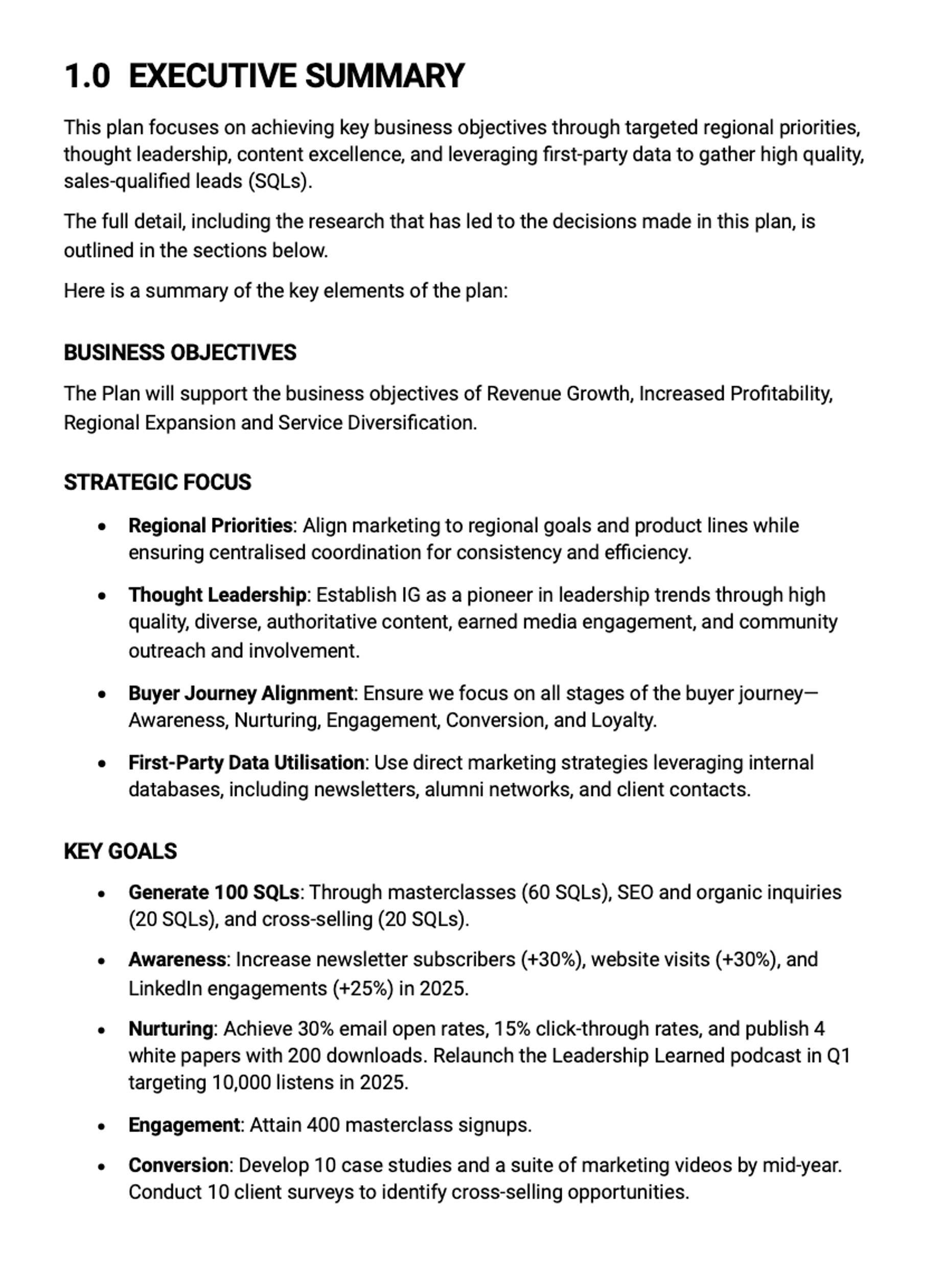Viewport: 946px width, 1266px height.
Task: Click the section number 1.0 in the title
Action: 87,76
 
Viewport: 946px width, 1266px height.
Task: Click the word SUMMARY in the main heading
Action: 384,76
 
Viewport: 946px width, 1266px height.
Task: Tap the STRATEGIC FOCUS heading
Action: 157,482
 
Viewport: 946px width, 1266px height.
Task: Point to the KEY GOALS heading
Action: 120,851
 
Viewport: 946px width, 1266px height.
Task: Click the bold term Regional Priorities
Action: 211,525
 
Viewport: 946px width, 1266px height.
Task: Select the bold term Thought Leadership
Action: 217,595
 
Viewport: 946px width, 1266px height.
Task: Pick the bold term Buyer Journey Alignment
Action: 241,693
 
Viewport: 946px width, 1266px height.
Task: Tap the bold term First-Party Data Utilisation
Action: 246,762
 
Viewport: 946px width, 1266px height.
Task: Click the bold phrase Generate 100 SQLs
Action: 214,892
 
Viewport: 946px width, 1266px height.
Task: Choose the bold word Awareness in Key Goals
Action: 177,959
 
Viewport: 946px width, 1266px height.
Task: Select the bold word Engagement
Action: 184,1125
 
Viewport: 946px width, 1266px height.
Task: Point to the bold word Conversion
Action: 178,1165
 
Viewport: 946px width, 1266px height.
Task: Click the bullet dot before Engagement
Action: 102,1126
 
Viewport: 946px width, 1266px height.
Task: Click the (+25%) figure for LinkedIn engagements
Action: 363,988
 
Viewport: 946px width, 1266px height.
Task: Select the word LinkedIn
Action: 165,988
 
